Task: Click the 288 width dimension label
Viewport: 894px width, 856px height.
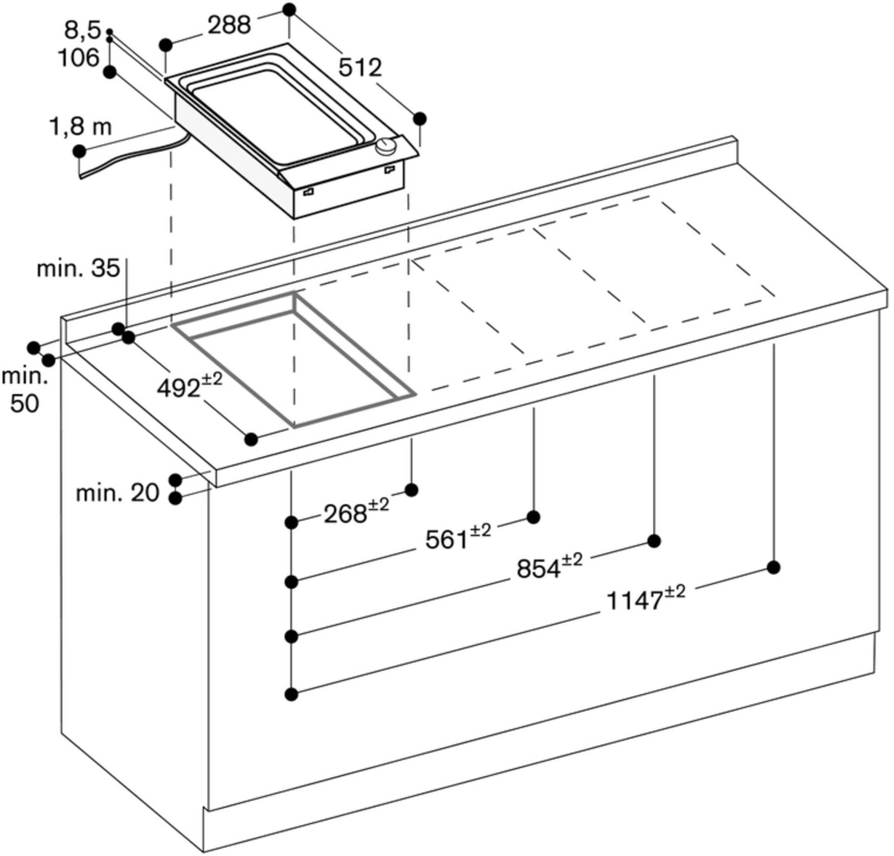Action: pos(229,26)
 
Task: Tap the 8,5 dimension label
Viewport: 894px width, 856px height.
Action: pos(82,30)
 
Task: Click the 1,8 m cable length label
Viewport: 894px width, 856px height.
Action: pos(80,128)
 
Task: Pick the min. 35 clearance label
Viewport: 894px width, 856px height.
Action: pos(78,268)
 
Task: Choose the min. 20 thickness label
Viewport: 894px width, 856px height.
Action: pos(117,493)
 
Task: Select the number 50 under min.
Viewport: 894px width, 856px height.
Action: pos(25,403)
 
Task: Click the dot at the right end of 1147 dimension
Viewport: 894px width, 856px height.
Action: pos(773,568)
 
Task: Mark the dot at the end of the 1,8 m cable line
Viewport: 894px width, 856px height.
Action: pos(79,151)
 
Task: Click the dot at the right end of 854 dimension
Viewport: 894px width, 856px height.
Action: pos(654,541)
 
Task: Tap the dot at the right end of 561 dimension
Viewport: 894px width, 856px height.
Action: pos(533,517)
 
